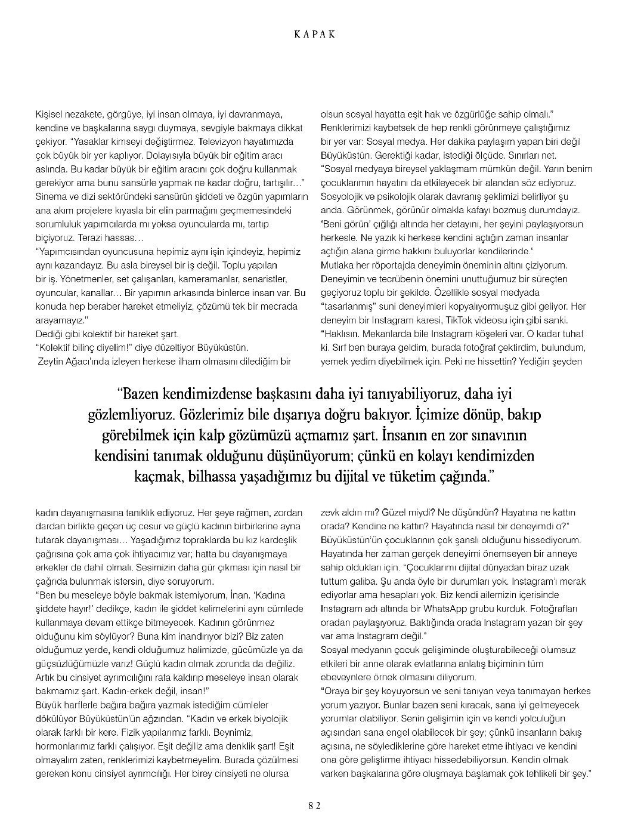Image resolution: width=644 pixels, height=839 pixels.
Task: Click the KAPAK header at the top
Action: [315, 34]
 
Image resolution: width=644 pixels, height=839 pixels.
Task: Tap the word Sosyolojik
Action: [344, 196]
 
